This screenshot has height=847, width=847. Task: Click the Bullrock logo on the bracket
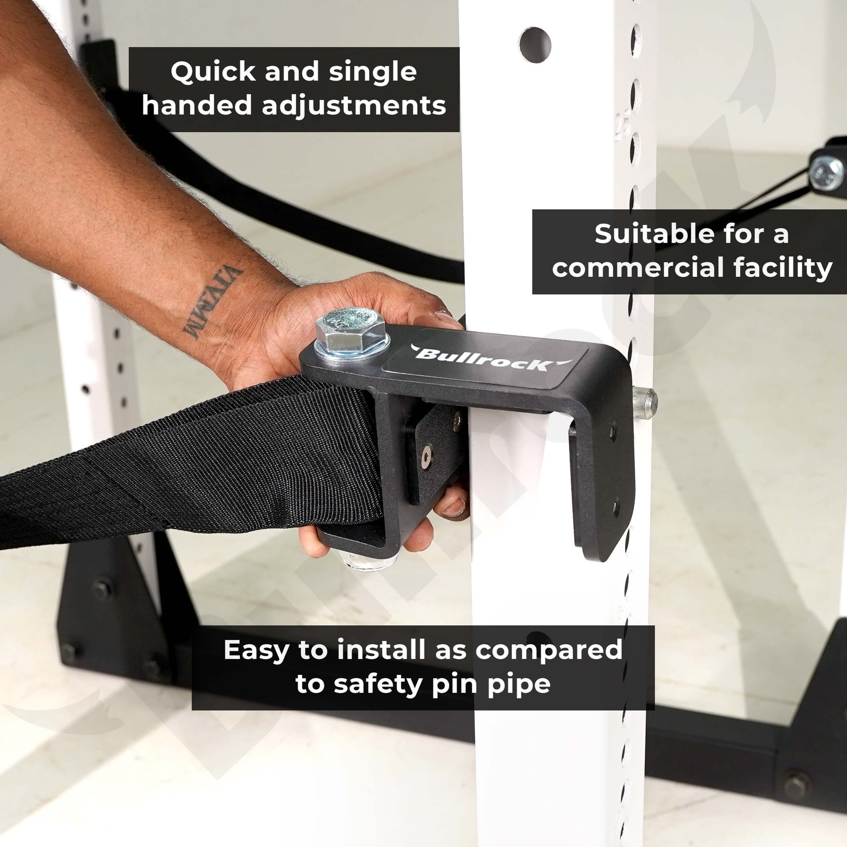point(485,358)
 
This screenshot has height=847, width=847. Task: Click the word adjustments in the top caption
point(354,106)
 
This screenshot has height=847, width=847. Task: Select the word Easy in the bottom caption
point(257,651)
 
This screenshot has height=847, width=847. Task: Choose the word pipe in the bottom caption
point(522,685)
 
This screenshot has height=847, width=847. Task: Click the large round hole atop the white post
point(535,44)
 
